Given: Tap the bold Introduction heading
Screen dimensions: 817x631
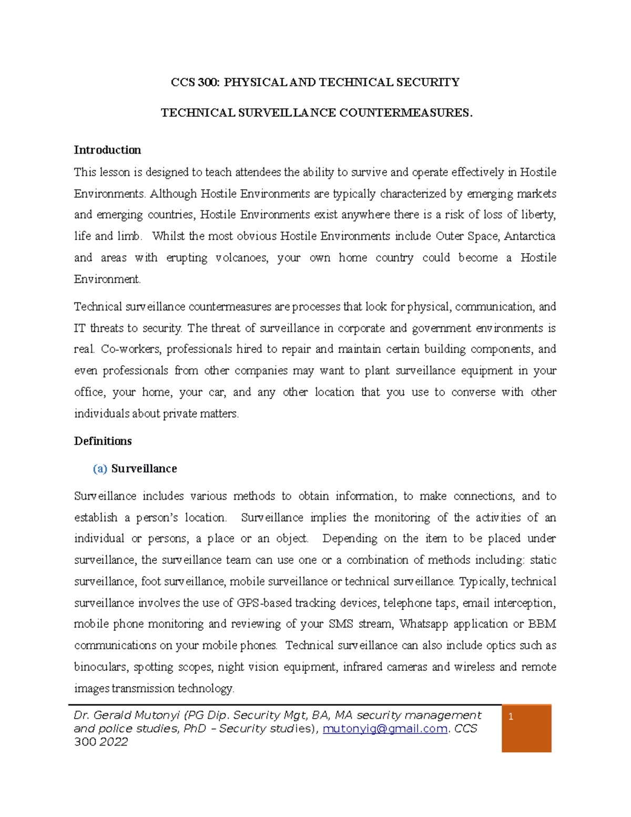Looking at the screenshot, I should [107, 150].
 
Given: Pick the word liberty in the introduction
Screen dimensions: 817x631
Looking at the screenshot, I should [538, 215].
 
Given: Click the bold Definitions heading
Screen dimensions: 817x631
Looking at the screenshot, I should [103, 441].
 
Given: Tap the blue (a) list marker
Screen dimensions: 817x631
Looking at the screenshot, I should [100, 469].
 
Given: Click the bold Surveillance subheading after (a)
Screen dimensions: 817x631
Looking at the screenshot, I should [144, 469].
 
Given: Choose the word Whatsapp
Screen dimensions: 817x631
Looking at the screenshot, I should [423, 624].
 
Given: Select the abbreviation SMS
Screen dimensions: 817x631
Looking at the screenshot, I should [341, 624].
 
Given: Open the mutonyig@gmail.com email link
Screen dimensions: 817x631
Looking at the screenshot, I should [385, 729].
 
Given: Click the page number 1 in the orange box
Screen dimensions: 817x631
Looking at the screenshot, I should [511, 717].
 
